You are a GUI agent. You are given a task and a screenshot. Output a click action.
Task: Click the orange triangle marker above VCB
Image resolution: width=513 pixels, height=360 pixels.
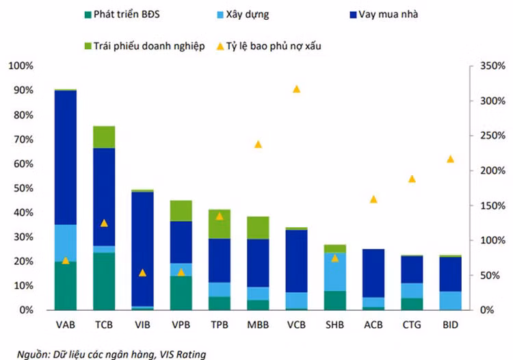(x=296, y=89)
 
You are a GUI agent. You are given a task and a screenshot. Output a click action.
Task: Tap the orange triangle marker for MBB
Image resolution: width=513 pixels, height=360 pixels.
(x=258, y=144)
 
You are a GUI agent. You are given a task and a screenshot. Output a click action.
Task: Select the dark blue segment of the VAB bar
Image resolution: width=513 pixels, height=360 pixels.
(x=66, y=157)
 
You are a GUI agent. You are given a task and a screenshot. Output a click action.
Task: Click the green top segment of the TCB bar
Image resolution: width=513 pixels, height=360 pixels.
(x=104, y=137)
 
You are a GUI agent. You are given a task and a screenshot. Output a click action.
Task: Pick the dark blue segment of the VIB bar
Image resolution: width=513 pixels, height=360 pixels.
(x=143, y=249)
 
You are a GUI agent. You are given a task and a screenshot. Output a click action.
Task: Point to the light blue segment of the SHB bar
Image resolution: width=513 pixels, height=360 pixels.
(x=335, y=272)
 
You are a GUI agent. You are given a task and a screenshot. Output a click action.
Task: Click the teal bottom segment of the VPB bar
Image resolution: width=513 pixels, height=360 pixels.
(x=181, y=293)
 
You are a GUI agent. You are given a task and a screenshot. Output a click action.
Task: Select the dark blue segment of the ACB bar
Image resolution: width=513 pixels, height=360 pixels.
(x=373, y=273)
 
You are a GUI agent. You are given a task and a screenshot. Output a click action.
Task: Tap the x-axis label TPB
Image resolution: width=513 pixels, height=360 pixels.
(x=220, y=325)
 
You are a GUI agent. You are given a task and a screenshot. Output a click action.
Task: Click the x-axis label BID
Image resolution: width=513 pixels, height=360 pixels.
(x=451, y=325)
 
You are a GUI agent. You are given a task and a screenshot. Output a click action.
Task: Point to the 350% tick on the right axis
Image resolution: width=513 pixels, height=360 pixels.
(x=492, y=66)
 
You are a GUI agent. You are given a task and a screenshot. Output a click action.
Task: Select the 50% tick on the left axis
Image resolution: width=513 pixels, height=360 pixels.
(x=23, y=188)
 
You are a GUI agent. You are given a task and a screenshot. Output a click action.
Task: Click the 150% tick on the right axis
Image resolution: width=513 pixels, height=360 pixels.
(x=492, y=206)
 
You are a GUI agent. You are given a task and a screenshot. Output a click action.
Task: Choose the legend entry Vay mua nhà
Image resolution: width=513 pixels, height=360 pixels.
(x=384, y=14)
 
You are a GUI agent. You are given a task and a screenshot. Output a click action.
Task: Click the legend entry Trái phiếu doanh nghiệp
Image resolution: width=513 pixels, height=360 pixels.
(x=144, y=46)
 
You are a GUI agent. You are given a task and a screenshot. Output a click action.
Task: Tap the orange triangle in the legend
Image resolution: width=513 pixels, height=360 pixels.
(x=220, y=47)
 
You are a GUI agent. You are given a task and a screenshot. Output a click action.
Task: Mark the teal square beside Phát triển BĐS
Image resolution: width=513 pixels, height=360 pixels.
(x=88, y=15)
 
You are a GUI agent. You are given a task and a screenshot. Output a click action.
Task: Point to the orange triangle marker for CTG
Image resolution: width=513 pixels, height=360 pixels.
(x=412, y=179)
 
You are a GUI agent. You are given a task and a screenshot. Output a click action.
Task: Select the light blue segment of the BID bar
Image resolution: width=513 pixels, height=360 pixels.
(x=451, y=300)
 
